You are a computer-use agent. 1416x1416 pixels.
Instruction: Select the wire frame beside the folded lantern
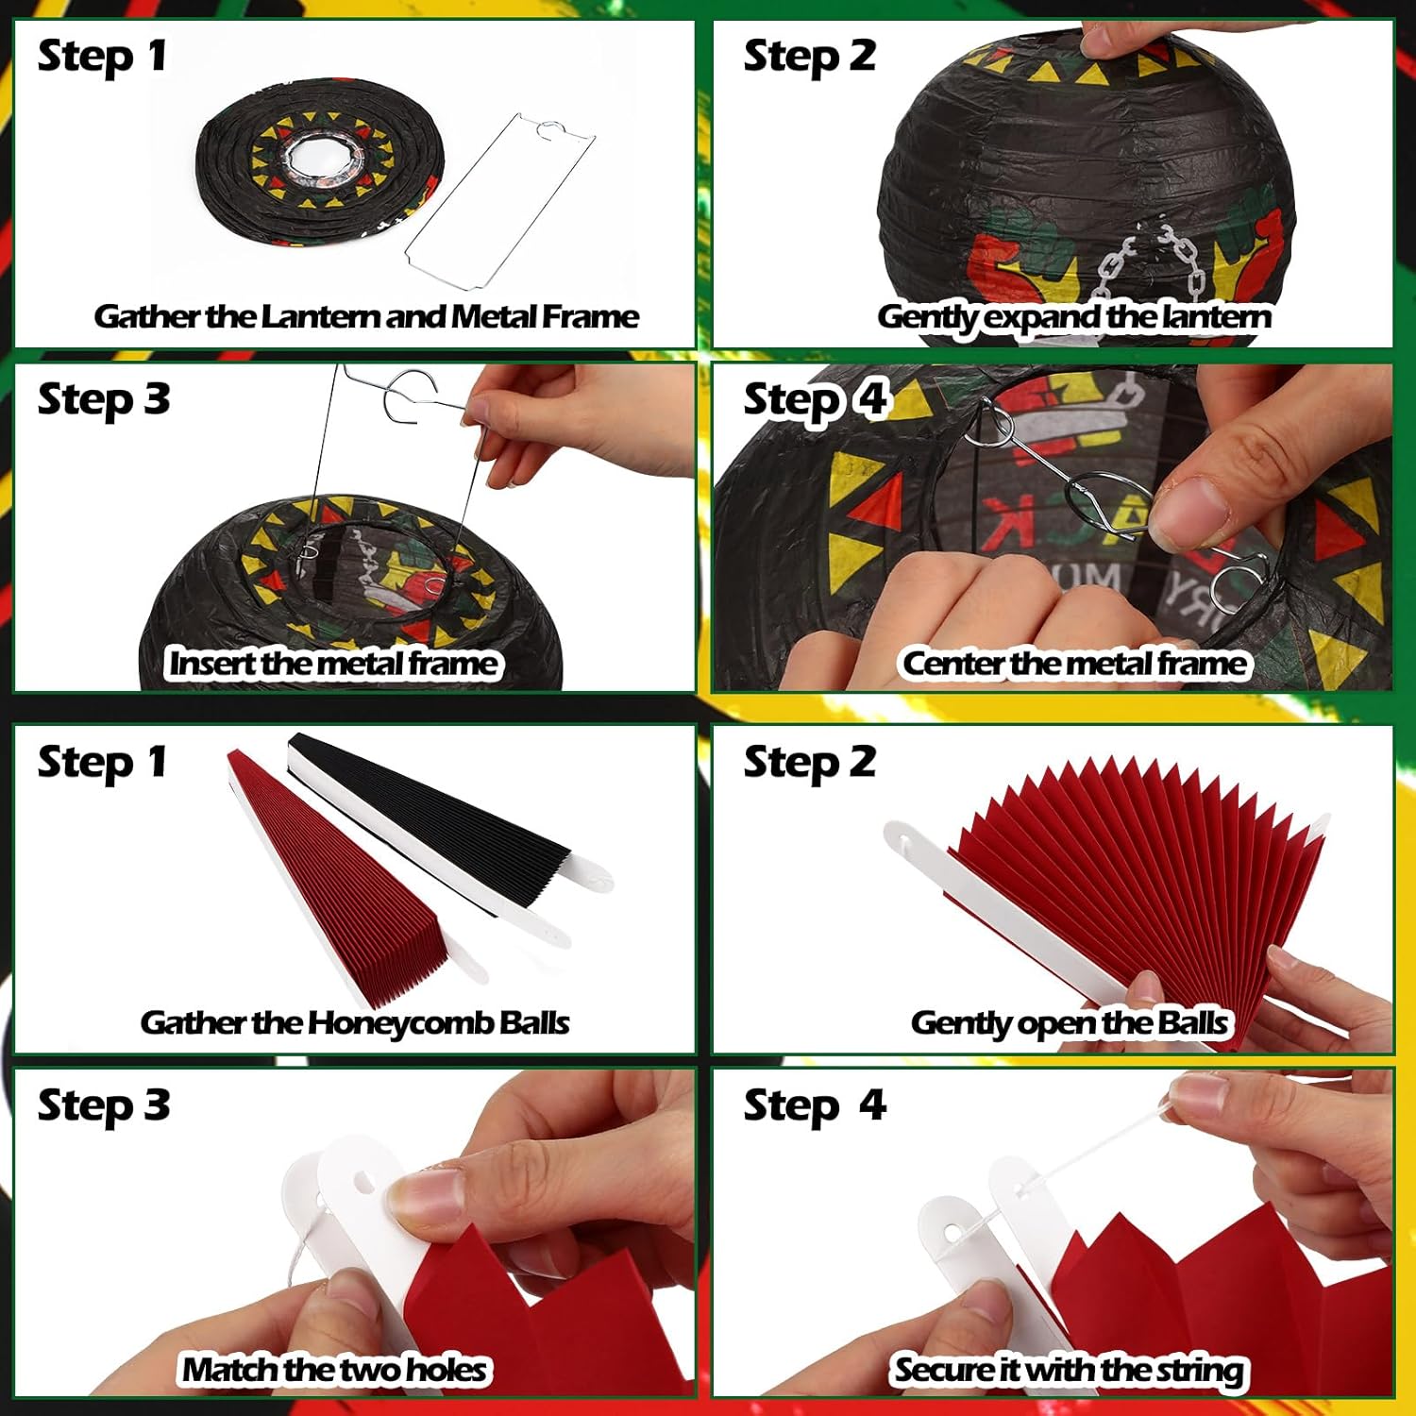pos(500,203)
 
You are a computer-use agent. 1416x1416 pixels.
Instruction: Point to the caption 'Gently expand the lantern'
pos(1073,317)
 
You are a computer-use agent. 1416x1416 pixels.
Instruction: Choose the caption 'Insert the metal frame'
pos(332,664)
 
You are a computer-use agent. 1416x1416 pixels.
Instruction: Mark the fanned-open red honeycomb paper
pos(1133,878)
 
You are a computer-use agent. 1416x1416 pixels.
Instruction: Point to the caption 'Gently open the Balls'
pos(1069,1023)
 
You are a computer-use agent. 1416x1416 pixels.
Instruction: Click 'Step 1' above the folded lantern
pos(102,57)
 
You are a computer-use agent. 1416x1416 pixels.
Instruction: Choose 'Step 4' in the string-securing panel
pos(815,1105)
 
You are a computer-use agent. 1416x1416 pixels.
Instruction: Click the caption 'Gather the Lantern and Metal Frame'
pos(366,317)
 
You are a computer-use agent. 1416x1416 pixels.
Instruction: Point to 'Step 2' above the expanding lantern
pos(809,57)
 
